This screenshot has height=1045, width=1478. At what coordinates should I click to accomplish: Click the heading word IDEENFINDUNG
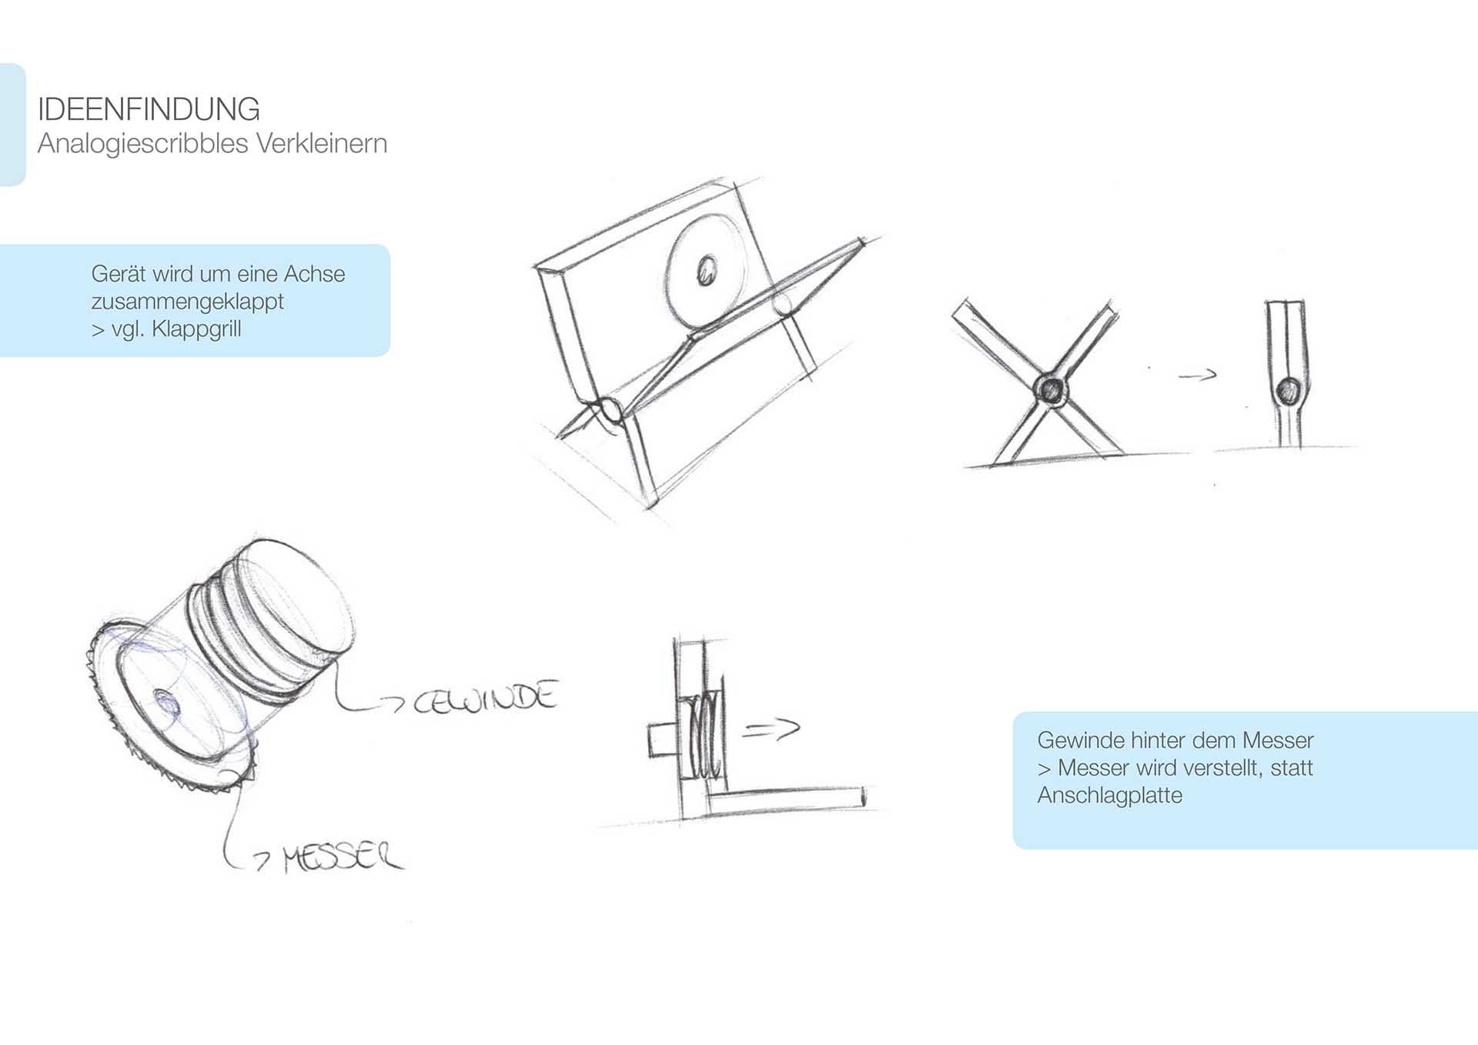149,109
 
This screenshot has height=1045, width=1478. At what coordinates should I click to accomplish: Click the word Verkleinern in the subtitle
321,143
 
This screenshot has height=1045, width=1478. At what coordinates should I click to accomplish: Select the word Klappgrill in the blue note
196,329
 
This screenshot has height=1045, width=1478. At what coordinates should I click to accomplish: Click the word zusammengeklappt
187,302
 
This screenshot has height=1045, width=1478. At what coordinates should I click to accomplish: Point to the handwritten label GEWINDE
485,697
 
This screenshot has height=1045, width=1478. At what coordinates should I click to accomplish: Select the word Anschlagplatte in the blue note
1109,796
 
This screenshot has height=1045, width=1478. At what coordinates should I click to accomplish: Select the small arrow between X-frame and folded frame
1198,375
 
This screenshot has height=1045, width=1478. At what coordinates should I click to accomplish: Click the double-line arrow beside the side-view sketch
771,728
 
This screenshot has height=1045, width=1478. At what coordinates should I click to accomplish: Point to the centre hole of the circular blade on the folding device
706,270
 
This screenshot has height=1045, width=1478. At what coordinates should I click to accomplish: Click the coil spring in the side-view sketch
707,735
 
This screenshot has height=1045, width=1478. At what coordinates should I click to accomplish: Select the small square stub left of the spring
661,740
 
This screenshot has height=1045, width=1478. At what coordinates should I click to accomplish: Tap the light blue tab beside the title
12,125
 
